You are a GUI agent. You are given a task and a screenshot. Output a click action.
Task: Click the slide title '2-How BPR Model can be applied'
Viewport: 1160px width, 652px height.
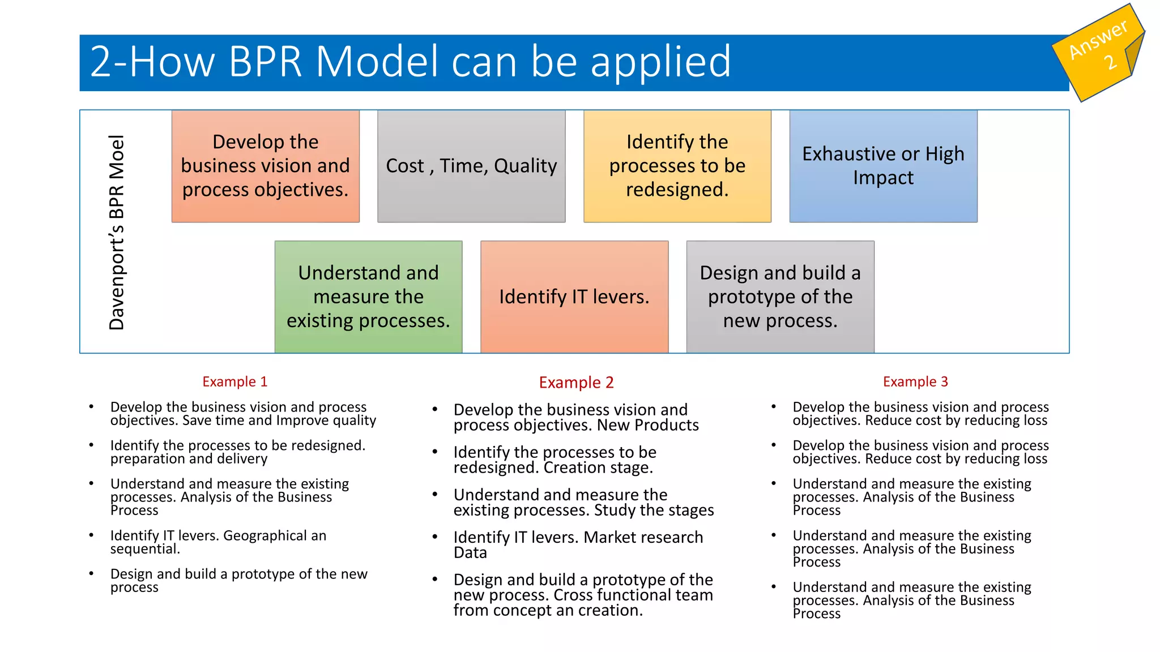point(410,62)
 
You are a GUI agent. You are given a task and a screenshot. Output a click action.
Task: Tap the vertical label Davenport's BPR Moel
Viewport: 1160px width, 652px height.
point(117,232)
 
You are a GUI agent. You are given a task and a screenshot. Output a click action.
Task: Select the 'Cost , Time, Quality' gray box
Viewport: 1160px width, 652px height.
point(471,166)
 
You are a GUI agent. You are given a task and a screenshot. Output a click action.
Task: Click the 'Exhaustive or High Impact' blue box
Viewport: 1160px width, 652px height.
point(883,166)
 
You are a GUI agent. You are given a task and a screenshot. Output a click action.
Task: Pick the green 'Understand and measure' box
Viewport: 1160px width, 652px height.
point(368,297)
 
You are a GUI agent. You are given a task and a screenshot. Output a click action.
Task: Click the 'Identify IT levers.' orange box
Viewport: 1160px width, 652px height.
point(574,297)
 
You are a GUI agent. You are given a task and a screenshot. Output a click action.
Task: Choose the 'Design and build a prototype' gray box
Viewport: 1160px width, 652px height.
point(780,297)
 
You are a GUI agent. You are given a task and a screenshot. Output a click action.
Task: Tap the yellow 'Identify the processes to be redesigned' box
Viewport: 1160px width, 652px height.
point(677,166)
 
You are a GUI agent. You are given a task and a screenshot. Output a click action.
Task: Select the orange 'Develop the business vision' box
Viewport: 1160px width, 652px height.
point(265,166)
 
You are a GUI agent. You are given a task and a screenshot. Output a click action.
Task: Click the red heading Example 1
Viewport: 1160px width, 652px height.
point(234,382)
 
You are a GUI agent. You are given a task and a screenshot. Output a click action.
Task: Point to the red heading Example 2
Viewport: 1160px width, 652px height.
point(576,383)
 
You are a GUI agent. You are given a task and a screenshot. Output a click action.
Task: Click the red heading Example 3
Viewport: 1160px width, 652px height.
point(915,382)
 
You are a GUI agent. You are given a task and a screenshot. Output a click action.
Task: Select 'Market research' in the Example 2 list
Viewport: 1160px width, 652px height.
point(643,537)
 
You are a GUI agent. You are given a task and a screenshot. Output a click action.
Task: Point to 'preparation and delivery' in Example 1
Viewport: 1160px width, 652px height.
point(189,459)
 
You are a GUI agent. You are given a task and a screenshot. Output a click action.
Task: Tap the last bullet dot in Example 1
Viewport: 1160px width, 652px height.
point(91,574)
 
